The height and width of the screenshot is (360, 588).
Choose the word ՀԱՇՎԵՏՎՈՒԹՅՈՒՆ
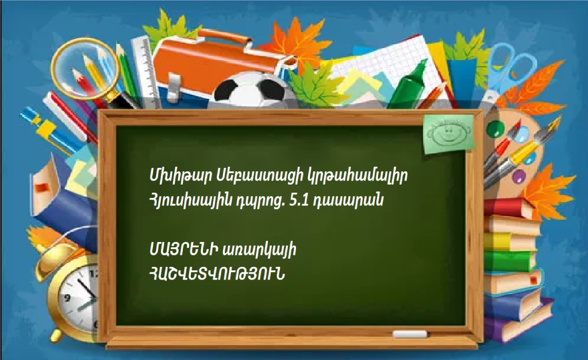pos(217,274)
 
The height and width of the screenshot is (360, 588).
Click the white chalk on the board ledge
pos(409,334)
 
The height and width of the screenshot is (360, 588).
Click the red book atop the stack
pos(508,208)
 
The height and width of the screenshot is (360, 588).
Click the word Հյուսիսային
pos(199,201)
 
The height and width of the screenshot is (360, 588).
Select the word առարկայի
pos(259,250)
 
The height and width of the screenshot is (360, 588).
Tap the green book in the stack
pos(510,261)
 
